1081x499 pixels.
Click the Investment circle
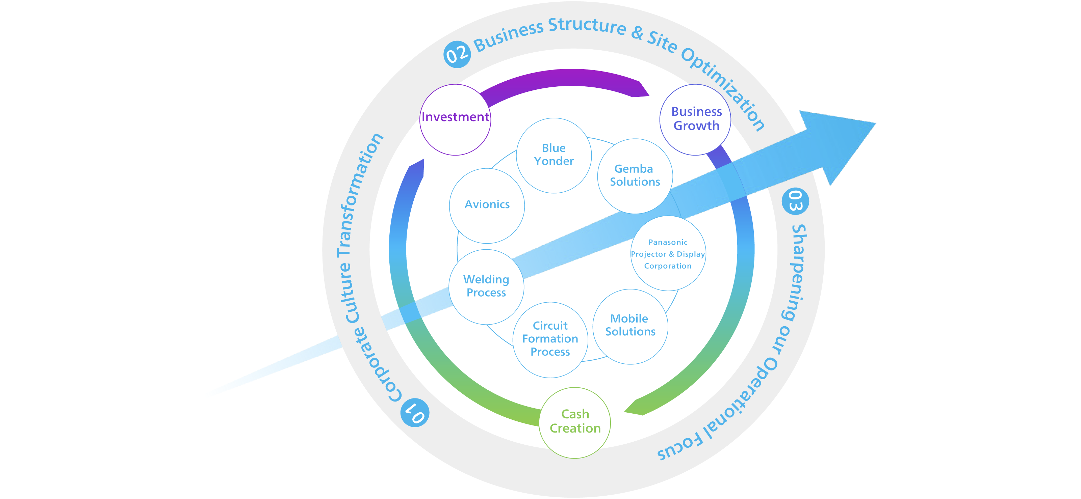tap(455, 119)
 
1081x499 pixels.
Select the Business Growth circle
tap(695, 119)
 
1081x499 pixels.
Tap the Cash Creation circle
tap(575, 422)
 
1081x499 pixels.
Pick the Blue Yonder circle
tap(554, 155)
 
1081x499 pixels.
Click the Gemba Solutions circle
tap(635, 176)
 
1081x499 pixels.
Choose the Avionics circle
tap(487, 205)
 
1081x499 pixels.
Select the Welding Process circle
tap(486, 287)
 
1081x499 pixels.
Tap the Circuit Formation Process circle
tap(550, 340)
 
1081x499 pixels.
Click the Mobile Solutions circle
tap(630, 326)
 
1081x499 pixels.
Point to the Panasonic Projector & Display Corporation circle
tap(668, 254)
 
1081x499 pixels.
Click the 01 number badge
tap(415, 413)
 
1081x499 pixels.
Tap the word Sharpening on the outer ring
tap(796, 273)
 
